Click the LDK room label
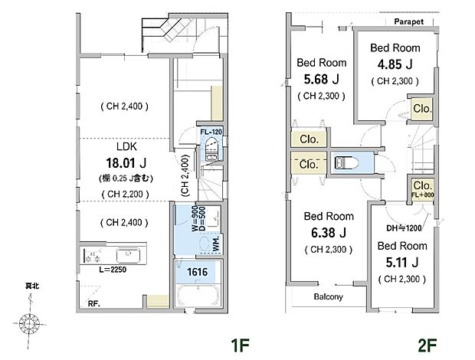[x=126, y=146]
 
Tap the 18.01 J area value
[x=126, y=162]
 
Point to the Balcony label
[x=329, y=296]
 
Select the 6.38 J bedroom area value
[x=329, y=232]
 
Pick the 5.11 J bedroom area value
[x=402, y=263]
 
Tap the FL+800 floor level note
[x=422, y=196]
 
